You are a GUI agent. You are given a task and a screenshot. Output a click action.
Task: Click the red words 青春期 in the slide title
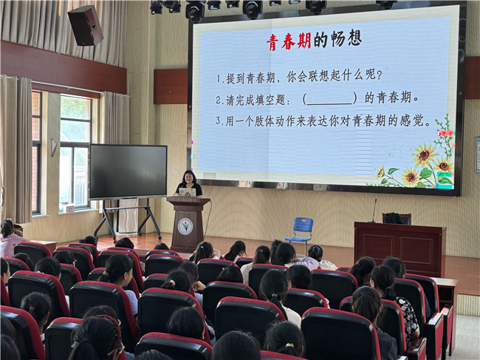(289, 41)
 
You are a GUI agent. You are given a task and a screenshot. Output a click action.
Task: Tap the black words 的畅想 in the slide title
(337, 39)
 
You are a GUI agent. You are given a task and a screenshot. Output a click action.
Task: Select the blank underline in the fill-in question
(329, 103)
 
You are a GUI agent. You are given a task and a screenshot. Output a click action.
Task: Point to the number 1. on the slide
(220, 78)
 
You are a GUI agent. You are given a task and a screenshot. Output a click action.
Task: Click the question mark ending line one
(380, 75)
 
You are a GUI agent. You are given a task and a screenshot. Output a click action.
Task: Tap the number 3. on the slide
(219, 120)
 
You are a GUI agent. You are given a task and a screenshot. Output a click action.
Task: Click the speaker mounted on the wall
(86, 25)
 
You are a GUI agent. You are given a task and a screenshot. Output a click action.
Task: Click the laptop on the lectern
(188, 192)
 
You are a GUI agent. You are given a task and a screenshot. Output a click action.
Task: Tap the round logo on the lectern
(185, 226)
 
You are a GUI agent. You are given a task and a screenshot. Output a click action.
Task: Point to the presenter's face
(189, 177)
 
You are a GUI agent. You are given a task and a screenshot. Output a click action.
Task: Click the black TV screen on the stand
(128, 171)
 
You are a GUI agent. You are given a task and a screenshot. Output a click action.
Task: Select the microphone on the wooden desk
(374, 211)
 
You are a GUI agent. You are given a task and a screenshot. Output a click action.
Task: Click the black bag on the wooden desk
(394, 218)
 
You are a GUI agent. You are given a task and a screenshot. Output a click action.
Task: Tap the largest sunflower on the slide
(424, 154)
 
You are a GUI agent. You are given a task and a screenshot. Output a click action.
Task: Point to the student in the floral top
(398, 303)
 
